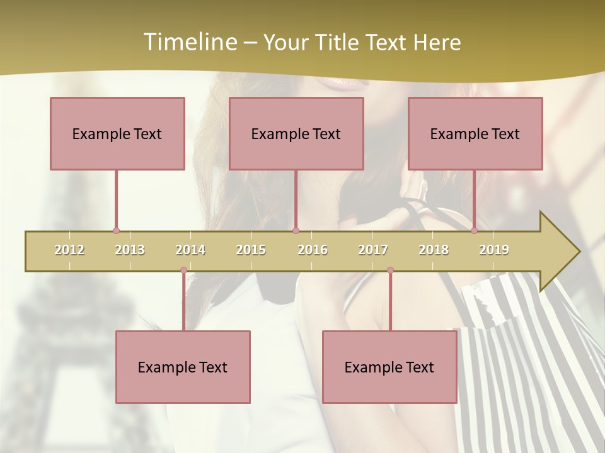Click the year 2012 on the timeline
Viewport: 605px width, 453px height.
(x=69, y=250)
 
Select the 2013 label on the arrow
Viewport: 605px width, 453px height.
(x=130, y=250)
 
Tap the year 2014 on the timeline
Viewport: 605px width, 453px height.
(x=190, y=250)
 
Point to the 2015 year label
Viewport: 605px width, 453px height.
(x=251, y=250)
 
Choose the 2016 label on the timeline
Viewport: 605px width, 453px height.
(x=313, y=250)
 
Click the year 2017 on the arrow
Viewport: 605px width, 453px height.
(x=373, y=250)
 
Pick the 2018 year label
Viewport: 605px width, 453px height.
(x=434, y=250)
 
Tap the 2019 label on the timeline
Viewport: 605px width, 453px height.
(x=494, y=250)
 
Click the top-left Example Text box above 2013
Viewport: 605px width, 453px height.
(x=117, y=133)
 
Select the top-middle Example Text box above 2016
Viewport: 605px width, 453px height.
(x=296, y=133)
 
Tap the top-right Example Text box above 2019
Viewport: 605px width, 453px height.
(x=475, y=133)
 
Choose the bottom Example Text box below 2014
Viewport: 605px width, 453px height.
(x=183, y=367)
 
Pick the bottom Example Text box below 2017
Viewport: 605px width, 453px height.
(x=389, y=367)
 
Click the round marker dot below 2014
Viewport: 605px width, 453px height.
(x=183, y=271)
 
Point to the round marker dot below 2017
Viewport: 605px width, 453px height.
(x=390, y=271)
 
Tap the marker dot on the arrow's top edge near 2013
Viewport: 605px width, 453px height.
(x=116, y=231)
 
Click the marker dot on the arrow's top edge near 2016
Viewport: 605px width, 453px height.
(x=296, y=231)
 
